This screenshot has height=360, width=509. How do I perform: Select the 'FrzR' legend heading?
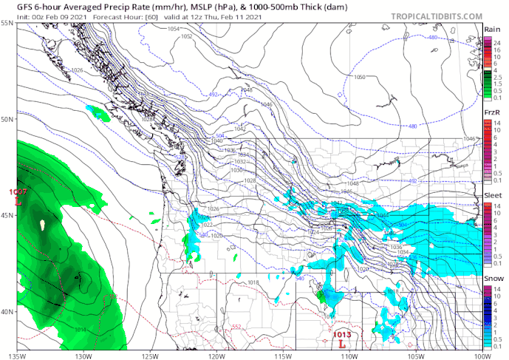[x=492, y=112]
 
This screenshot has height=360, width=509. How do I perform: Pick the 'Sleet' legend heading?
[x=492, y=195]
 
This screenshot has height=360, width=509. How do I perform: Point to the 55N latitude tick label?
[x=7, y=24]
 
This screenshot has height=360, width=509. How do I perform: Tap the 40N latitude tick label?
[x=7, y=311]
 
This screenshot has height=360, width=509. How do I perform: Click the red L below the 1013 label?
[x=341, y=343]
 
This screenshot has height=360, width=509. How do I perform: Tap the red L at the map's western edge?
[x=16, y=200]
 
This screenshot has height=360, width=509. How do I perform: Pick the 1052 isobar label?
[x=187, y=36]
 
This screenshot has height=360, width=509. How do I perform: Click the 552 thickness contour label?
[x=236, y=327]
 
